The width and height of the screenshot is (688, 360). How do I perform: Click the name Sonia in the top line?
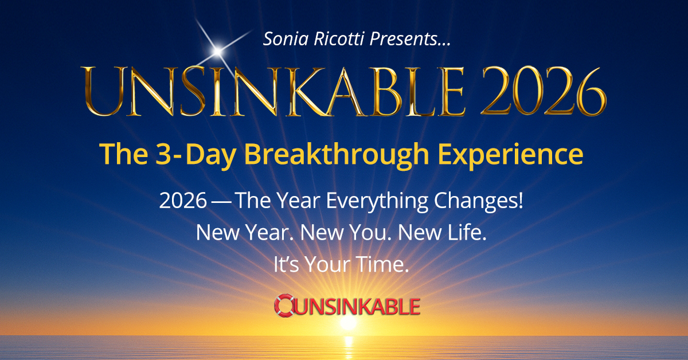tap(286, 39)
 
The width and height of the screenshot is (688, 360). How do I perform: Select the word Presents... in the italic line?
tap(410, 40)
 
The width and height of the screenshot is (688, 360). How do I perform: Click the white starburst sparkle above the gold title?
tap(217, 51)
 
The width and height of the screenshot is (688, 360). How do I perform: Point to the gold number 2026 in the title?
tap(543, 91)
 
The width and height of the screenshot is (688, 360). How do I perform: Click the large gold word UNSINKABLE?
tap(273, 92)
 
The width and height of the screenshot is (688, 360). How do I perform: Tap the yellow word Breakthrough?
tap(337, 155)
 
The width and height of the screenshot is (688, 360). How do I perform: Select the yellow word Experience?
tap(510, 155)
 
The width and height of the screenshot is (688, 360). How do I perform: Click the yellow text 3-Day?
tap(196, 155)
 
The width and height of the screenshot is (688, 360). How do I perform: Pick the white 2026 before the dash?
tap(183, 201)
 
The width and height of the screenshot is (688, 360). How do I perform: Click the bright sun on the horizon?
tap(348, 323)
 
